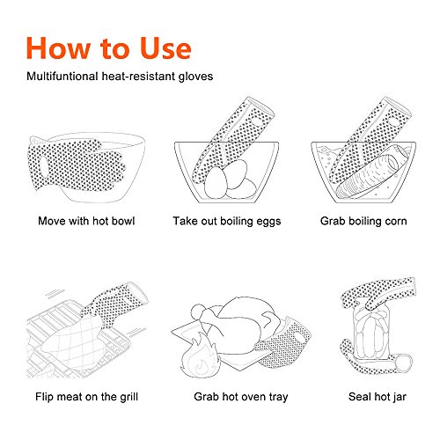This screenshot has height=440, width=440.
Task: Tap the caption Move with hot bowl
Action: click(x=85, y=220)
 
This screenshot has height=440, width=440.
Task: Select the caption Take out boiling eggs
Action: click(x=227, y=220)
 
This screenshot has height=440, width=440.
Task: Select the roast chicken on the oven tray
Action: click(x=231, y=330)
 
